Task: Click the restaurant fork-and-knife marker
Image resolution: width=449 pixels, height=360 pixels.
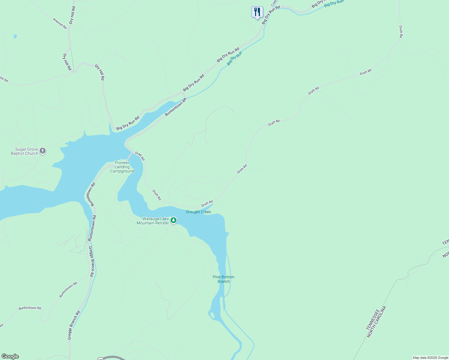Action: tap(257, 12)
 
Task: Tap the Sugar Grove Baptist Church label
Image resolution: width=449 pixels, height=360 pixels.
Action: tap(25, 151)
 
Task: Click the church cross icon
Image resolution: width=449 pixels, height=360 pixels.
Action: tap(43, 151)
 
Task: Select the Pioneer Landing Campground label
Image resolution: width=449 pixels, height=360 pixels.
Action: tap(122, 167)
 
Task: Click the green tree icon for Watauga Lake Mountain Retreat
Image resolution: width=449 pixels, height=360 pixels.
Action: tap(173, 220)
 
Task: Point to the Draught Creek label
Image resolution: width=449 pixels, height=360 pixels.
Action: tap(198, 212)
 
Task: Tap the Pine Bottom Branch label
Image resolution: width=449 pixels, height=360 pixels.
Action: tap(224, 279)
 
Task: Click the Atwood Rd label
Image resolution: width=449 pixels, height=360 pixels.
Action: tap(60, 23)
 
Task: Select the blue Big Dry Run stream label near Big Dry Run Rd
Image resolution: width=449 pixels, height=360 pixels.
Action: tap(234, 58)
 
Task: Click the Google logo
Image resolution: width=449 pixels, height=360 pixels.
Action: tap(10, 356)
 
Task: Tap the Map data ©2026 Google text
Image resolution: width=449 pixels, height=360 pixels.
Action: tap(430, 358)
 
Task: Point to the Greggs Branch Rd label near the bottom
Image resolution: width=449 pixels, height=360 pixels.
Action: tap(74, 325)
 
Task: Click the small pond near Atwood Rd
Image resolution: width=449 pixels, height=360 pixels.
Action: tap(15, 37)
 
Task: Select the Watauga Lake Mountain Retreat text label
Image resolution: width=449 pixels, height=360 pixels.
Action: tap(153, 221)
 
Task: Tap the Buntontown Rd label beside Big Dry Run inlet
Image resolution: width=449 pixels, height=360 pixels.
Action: tap(176, 107)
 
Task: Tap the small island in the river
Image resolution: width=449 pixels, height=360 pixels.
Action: tap(213, 315)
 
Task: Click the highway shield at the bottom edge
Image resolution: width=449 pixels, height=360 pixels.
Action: tap(101, 358)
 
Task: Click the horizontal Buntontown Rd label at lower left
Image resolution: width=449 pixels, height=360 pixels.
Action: tap(30, 308)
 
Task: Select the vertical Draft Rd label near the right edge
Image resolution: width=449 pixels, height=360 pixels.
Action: tap(401, 31)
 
